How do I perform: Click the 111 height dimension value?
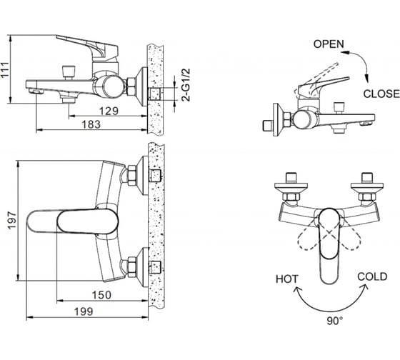point(5,70)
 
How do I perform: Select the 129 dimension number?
point(109,111)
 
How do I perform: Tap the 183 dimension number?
point(91,124)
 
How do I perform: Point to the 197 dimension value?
point(11,221)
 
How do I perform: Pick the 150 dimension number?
point(101,295)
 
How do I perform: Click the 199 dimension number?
point(84,311)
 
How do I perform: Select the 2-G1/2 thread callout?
point(186,85)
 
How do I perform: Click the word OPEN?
point(329,44)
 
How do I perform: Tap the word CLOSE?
point(381,94)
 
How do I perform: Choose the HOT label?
point(287,279)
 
